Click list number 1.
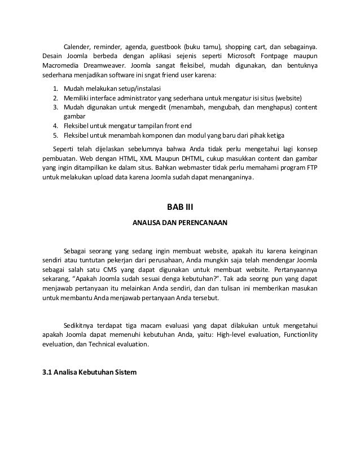[54, 89]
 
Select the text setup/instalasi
[142, 89]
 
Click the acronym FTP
[311, 169]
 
